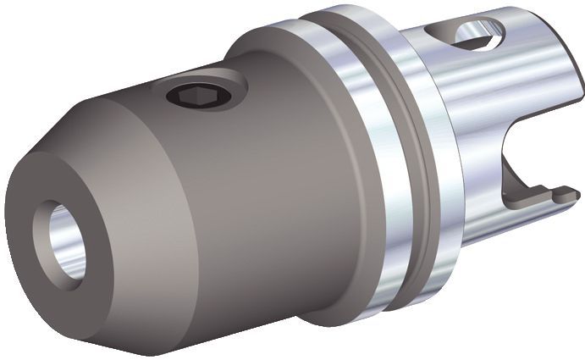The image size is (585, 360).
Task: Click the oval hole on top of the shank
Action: [479, 33]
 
